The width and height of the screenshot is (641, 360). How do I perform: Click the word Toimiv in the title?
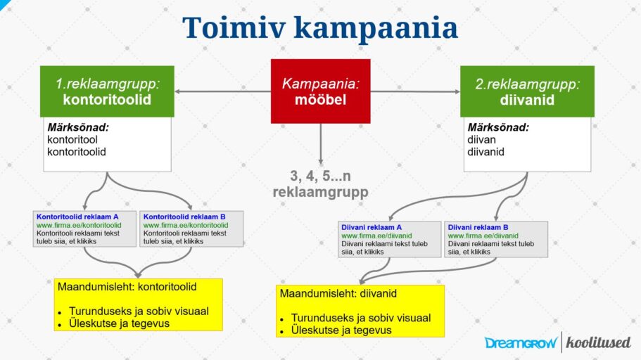[233, 28]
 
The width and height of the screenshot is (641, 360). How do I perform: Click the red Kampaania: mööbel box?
[320, 91]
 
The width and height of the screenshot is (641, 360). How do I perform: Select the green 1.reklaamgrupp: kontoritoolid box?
[107, 91]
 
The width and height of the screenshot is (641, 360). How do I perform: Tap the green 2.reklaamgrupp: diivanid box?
[527, 91]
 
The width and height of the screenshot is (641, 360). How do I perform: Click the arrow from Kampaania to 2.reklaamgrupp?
[415, 91]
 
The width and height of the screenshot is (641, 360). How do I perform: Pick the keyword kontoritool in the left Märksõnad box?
[72, 140]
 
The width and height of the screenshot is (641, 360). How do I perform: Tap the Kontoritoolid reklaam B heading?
[184, 217]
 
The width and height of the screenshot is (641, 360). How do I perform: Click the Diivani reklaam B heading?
[478, 227]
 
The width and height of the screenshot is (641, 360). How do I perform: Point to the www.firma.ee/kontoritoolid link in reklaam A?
[79, 225]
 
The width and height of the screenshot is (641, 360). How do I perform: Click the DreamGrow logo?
[521, 343]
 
